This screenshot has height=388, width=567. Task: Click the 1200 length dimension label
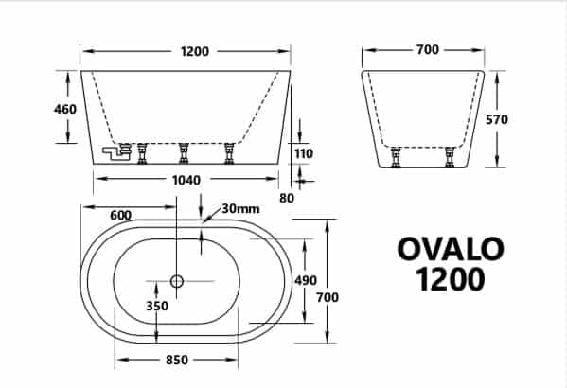tap(195, 51)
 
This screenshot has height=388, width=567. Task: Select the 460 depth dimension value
tap(65, 109)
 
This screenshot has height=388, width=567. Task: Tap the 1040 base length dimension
tap(186, 180)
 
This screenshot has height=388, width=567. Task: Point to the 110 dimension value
tap(304, 153)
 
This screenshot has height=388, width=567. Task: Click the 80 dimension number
tap(287, 198)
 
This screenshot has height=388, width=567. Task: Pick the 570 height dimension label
tap(497, 119)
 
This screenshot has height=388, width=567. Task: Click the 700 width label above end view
tap(428, 49)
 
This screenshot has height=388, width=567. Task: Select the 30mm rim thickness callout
tap(240, 208)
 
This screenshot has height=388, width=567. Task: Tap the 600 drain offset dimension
tap(120, 215)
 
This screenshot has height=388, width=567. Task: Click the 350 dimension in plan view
tap(157, 306)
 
